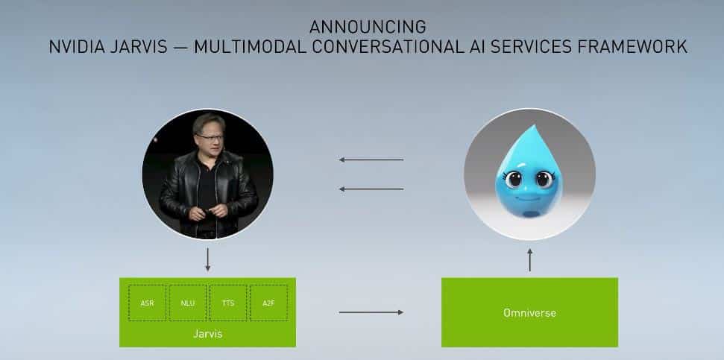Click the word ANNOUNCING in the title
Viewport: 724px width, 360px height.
click(368, 27)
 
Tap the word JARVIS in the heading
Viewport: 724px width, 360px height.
click(139, 47)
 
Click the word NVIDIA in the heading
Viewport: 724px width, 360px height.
click(77, 47)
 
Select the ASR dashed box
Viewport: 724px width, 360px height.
click(148, 303)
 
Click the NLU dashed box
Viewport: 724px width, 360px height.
click(187, 303)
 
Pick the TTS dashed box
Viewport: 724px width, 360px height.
click(228, 303)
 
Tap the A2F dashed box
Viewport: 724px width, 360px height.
click(268, 303)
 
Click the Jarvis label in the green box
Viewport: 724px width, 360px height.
click(208, 334)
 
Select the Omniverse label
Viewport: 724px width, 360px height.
click(529, 312)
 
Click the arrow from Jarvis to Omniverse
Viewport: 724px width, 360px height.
click(371, 312)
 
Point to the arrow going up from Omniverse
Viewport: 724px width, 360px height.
click(529, 260)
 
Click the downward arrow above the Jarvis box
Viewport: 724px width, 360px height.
click(208, 259)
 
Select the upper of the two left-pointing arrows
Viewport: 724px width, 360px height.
click(371, 160)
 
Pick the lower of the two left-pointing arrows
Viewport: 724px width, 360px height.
click(371, 189)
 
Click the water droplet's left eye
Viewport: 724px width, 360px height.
click(513, 179)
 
